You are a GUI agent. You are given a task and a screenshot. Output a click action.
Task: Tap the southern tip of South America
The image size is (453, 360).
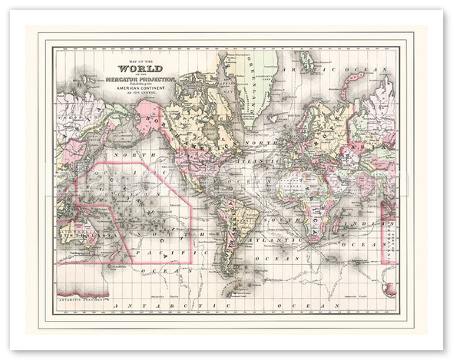click(x=226, y=273)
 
